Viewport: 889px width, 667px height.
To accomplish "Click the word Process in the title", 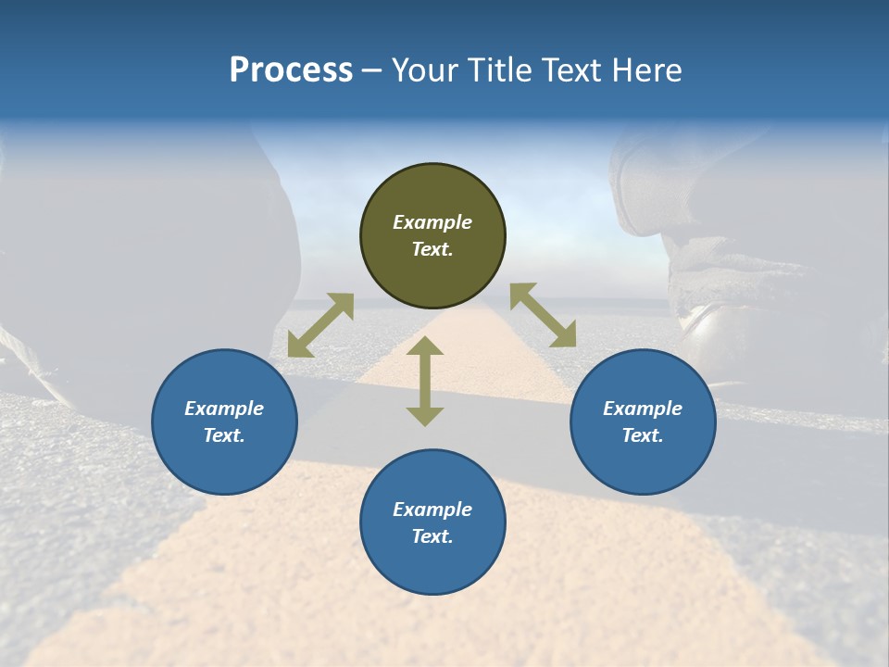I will coord(291,70).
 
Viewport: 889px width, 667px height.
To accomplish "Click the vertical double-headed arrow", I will coord(425,382).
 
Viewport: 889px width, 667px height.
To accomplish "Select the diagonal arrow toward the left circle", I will coord(320,325).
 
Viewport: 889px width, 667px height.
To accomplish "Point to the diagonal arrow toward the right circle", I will coord(543,316).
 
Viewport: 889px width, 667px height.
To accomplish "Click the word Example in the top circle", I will coord(432,222).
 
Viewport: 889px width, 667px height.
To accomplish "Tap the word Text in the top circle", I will coord(432,249).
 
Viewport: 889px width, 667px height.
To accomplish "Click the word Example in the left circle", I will coord(224,409).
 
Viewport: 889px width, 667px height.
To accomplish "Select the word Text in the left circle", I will coord(223,435).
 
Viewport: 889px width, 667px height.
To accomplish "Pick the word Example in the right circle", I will coord(643,409).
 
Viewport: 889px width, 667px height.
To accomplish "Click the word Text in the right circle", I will coord(642,435).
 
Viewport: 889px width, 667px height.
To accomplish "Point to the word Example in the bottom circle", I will coord(432,510).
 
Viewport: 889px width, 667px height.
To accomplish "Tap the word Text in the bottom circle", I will coord(432,536).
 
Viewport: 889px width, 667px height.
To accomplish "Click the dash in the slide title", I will coord(372,71).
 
